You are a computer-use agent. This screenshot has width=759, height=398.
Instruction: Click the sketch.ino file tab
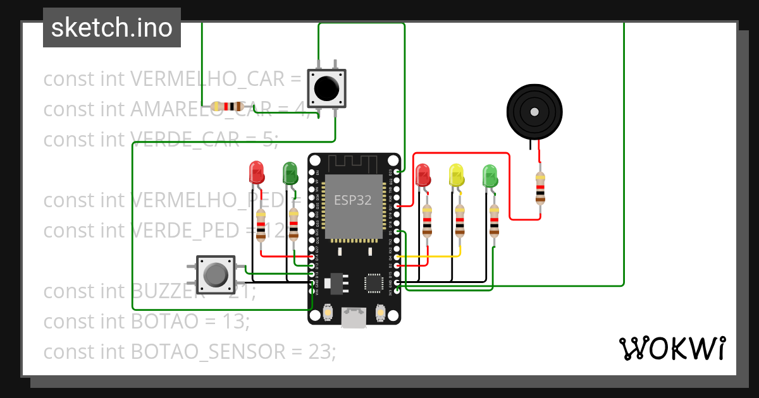112,28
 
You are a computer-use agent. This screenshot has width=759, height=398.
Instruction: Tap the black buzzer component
534,112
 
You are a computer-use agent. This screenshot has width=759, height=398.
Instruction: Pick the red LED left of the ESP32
256,172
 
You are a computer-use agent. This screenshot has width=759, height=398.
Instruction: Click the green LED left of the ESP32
290,172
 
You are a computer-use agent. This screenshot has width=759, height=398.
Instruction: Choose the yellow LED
456,175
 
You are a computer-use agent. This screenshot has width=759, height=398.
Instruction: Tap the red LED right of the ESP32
423,175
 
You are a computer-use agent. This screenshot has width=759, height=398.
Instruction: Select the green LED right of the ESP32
490,175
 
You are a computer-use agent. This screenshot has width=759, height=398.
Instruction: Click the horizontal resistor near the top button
228,106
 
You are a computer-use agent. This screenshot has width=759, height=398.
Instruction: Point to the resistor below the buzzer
540,188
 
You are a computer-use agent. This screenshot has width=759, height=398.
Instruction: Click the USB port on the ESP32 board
354,318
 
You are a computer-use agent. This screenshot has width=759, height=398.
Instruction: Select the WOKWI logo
672,348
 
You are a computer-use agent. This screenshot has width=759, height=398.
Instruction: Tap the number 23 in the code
320,351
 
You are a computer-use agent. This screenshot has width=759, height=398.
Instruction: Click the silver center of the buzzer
534,112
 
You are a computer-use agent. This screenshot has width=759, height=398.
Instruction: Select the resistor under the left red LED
261,226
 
